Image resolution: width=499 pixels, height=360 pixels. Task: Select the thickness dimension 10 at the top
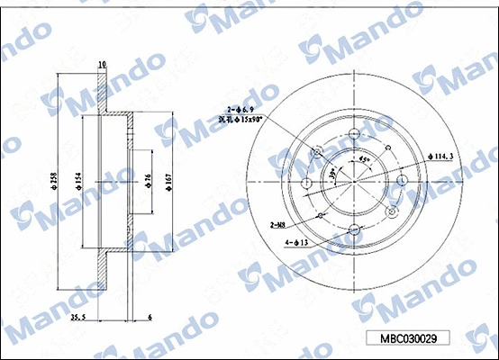pos(102,64)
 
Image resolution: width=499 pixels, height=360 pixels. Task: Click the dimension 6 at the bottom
pos(150,318)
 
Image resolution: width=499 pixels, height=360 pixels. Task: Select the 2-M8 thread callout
pos(278,225)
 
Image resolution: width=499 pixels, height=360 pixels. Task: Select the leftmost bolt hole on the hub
pos(306,183)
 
